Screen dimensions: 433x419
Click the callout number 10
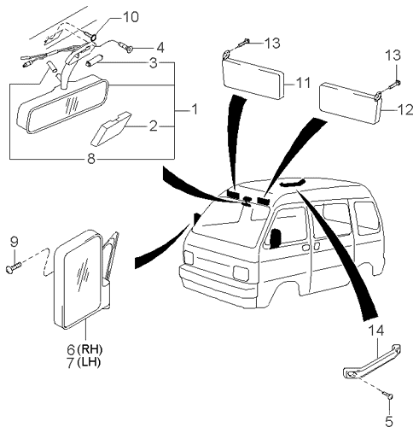click(129, 16)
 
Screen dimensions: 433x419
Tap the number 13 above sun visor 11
click(271, 44)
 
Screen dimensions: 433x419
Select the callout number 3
click(152, 62)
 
